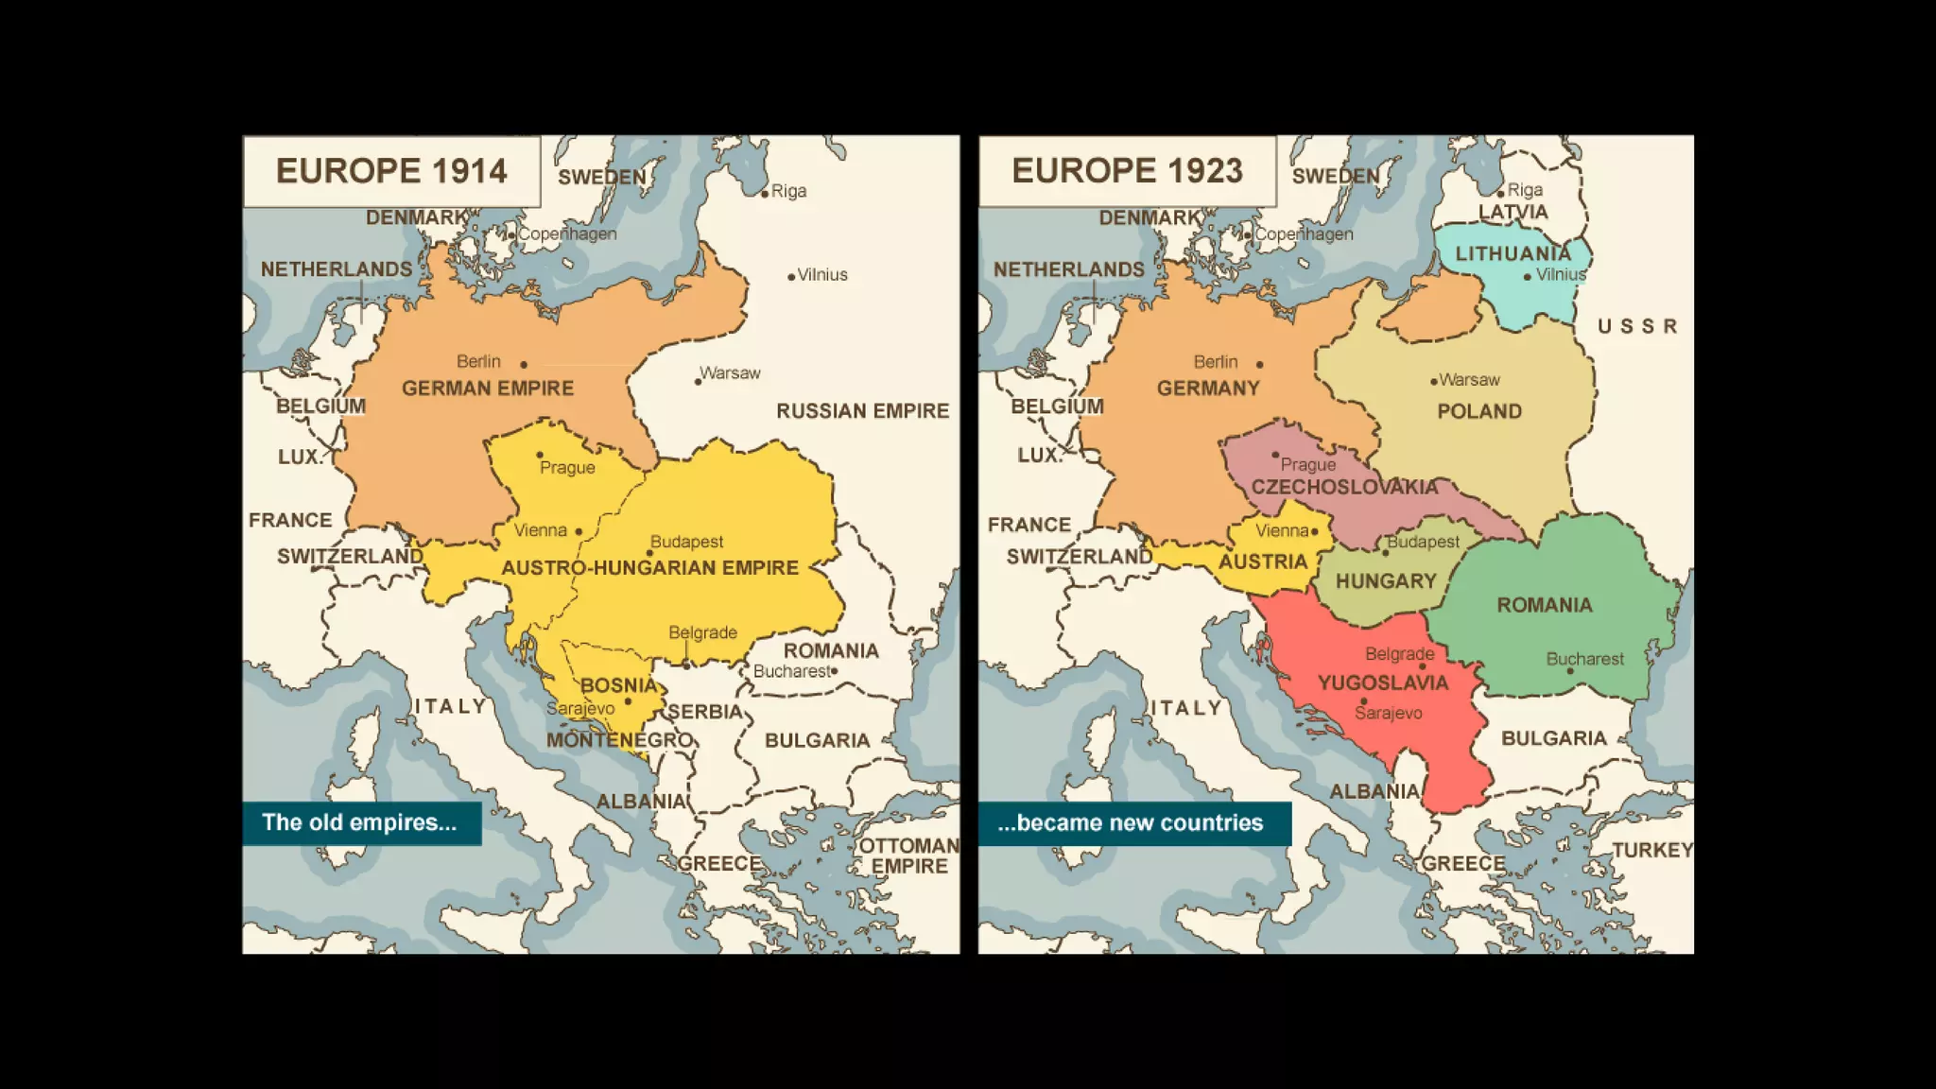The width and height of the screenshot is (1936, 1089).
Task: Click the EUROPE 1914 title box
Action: (391, 171)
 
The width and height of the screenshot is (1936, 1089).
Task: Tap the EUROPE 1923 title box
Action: (1127, 171)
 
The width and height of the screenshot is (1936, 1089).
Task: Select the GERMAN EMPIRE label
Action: (488, 388)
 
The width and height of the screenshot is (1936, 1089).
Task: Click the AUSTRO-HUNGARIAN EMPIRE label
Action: (649, 567)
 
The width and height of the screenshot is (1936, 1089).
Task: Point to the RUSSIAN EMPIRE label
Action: (862, 410)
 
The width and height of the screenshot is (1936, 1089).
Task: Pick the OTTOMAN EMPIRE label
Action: (908, 856)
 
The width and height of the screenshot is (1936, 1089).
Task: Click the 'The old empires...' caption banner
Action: (361, 822)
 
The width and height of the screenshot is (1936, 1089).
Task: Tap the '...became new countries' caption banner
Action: (1133, 822)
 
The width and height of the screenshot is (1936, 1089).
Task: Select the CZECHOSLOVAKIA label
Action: (1344, 487)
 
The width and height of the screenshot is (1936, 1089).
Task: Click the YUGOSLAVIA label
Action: (1383, 683)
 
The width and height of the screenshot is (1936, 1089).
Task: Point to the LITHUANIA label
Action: (1512, 253)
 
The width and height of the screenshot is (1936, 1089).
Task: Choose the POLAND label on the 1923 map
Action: (1479, 411)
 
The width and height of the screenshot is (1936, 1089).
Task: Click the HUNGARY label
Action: (1386, 581)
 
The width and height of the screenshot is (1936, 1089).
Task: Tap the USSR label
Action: (1637, 326)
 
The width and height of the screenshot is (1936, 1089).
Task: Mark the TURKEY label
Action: (1652, 850)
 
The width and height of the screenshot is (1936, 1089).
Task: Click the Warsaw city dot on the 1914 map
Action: (698, 382)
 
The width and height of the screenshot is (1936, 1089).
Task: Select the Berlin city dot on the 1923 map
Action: (1259, 364)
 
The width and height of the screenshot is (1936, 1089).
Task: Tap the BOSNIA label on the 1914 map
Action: (618, 684)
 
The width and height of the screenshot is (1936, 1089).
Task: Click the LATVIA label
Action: (1512, 212)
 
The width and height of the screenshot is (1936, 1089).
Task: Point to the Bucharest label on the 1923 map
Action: (1584, 659)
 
